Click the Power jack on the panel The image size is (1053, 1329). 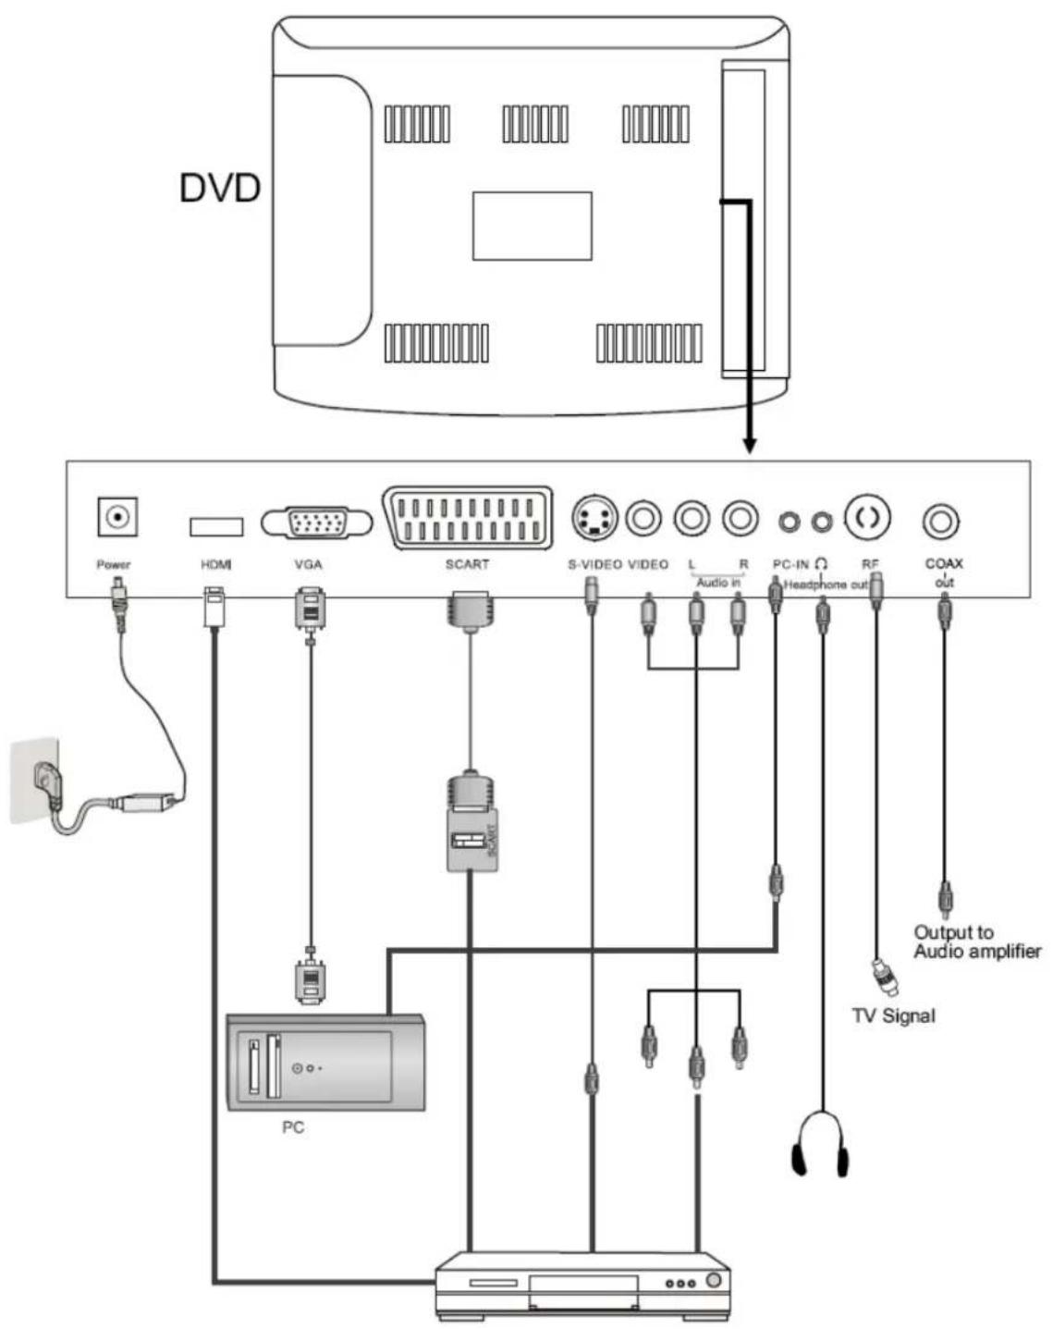[117, 517]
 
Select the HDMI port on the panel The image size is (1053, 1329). [216, 526]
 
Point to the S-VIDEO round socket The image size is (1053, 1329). [594, 518]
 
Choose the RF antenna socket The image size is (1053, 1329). [867, 517]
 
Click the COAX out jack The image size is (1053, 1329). [941, 522]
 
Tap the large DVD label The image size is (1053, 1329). [219, 188]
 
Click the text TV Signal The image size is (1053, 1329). [893, 1015]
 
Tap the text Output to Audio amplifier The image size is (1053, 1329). [976, 941]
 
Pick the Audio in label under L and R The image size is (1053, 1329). [718, 583]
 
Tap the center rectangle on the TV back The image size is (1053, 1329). [532, 226]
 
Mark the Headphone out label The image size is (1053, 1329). [825, 585]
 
